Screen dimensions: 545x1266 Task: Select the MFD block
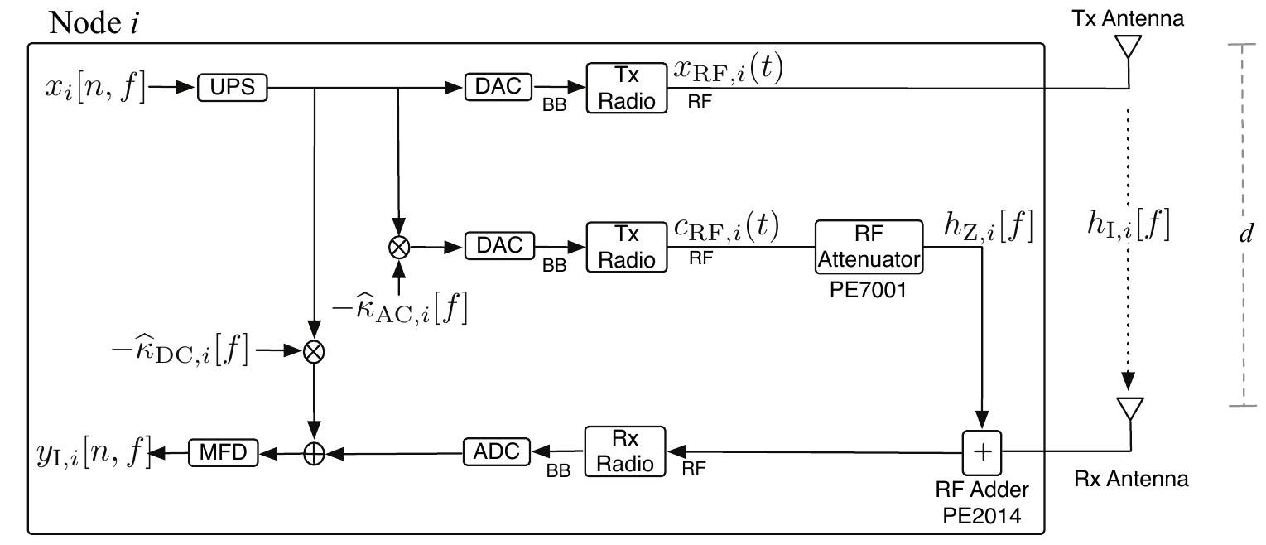click(x=224, y=451)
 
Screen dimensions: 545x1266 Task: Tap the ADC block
click(x=496, y=451)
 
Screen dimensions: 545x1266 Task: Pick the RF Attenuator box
click(x=869, y=247)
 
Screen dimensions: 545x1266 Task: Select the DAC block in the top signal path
click(x=498, y=86)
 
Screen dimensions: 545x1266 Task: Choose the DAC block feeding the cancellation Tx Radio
click(x=498, y=246)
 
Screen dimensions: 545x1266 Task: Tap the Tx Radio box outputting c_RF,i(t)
click(x=626, y=247)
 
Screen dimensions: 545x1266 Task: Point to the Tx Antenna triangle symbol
click(x=1129, y=51)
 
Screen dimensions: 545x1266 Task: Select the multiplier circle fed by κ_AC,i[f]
click(x=398, y=246)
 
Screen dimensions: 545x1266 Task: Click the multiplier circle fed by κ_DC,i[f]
click(x=314, y=351)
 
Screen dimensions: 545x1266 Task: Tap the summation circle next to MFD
click(x=314, y=452)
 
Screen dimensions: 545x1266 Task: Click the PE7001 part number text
click(x=869, y=289)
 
